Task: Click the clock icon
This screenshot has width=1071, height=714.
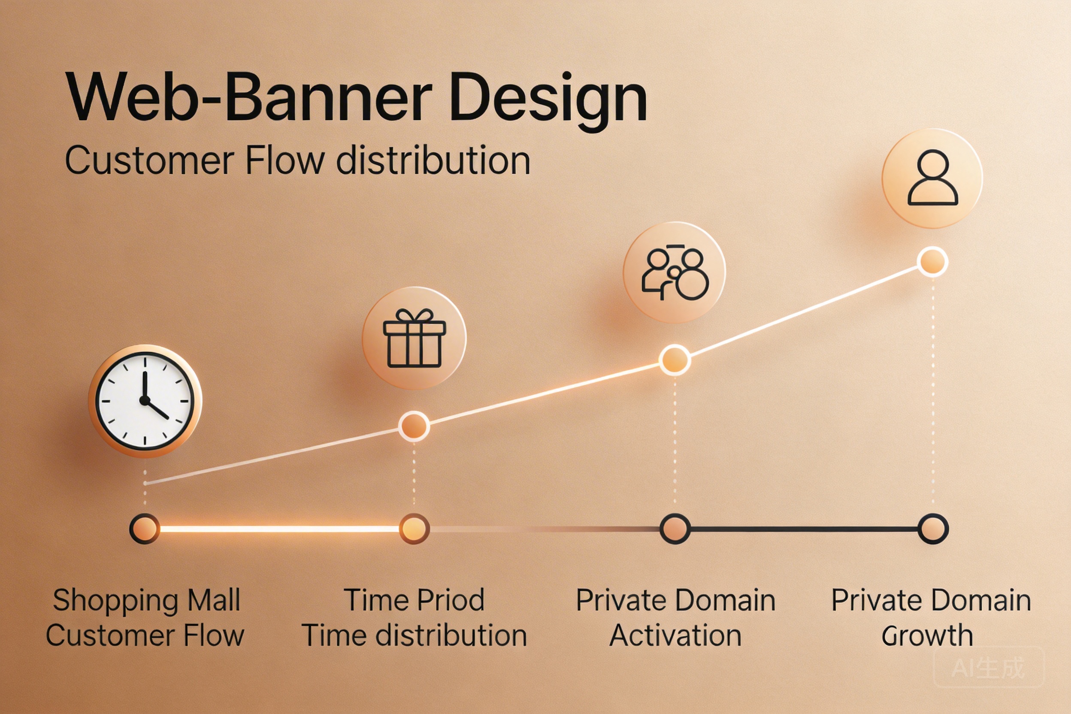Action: coord(145,401)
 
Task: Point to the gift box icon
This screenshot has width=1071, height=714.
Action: coord(414,338)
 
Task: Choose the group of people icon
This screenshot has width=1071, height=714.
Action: coord(675,272)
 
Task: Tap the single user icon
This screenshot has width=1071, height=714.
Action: coord(932,178)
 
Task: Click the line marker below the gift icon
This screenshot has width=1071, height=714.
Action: coord(414,426)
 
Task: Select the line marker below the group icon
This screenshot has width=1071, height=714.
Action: coord(675,360)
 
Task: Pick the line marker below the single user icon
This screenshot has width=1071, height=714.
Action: coord(932,262)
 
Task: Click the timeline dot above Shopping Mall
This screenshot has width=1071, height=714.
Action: coord(145,529)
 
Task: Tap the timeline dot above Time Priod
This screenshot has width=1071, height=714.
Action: coord(414,529)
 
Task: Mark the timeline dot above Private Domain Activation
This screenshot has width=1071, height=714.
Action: coord(675,529)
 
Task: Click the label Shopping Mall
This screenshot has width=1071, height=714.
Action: coord(147,601)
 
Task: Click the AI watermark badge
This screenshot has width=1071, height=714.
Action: coord(989,668)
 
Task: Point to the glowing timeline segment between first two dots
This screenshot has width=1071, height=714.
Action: coord(279,529)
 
